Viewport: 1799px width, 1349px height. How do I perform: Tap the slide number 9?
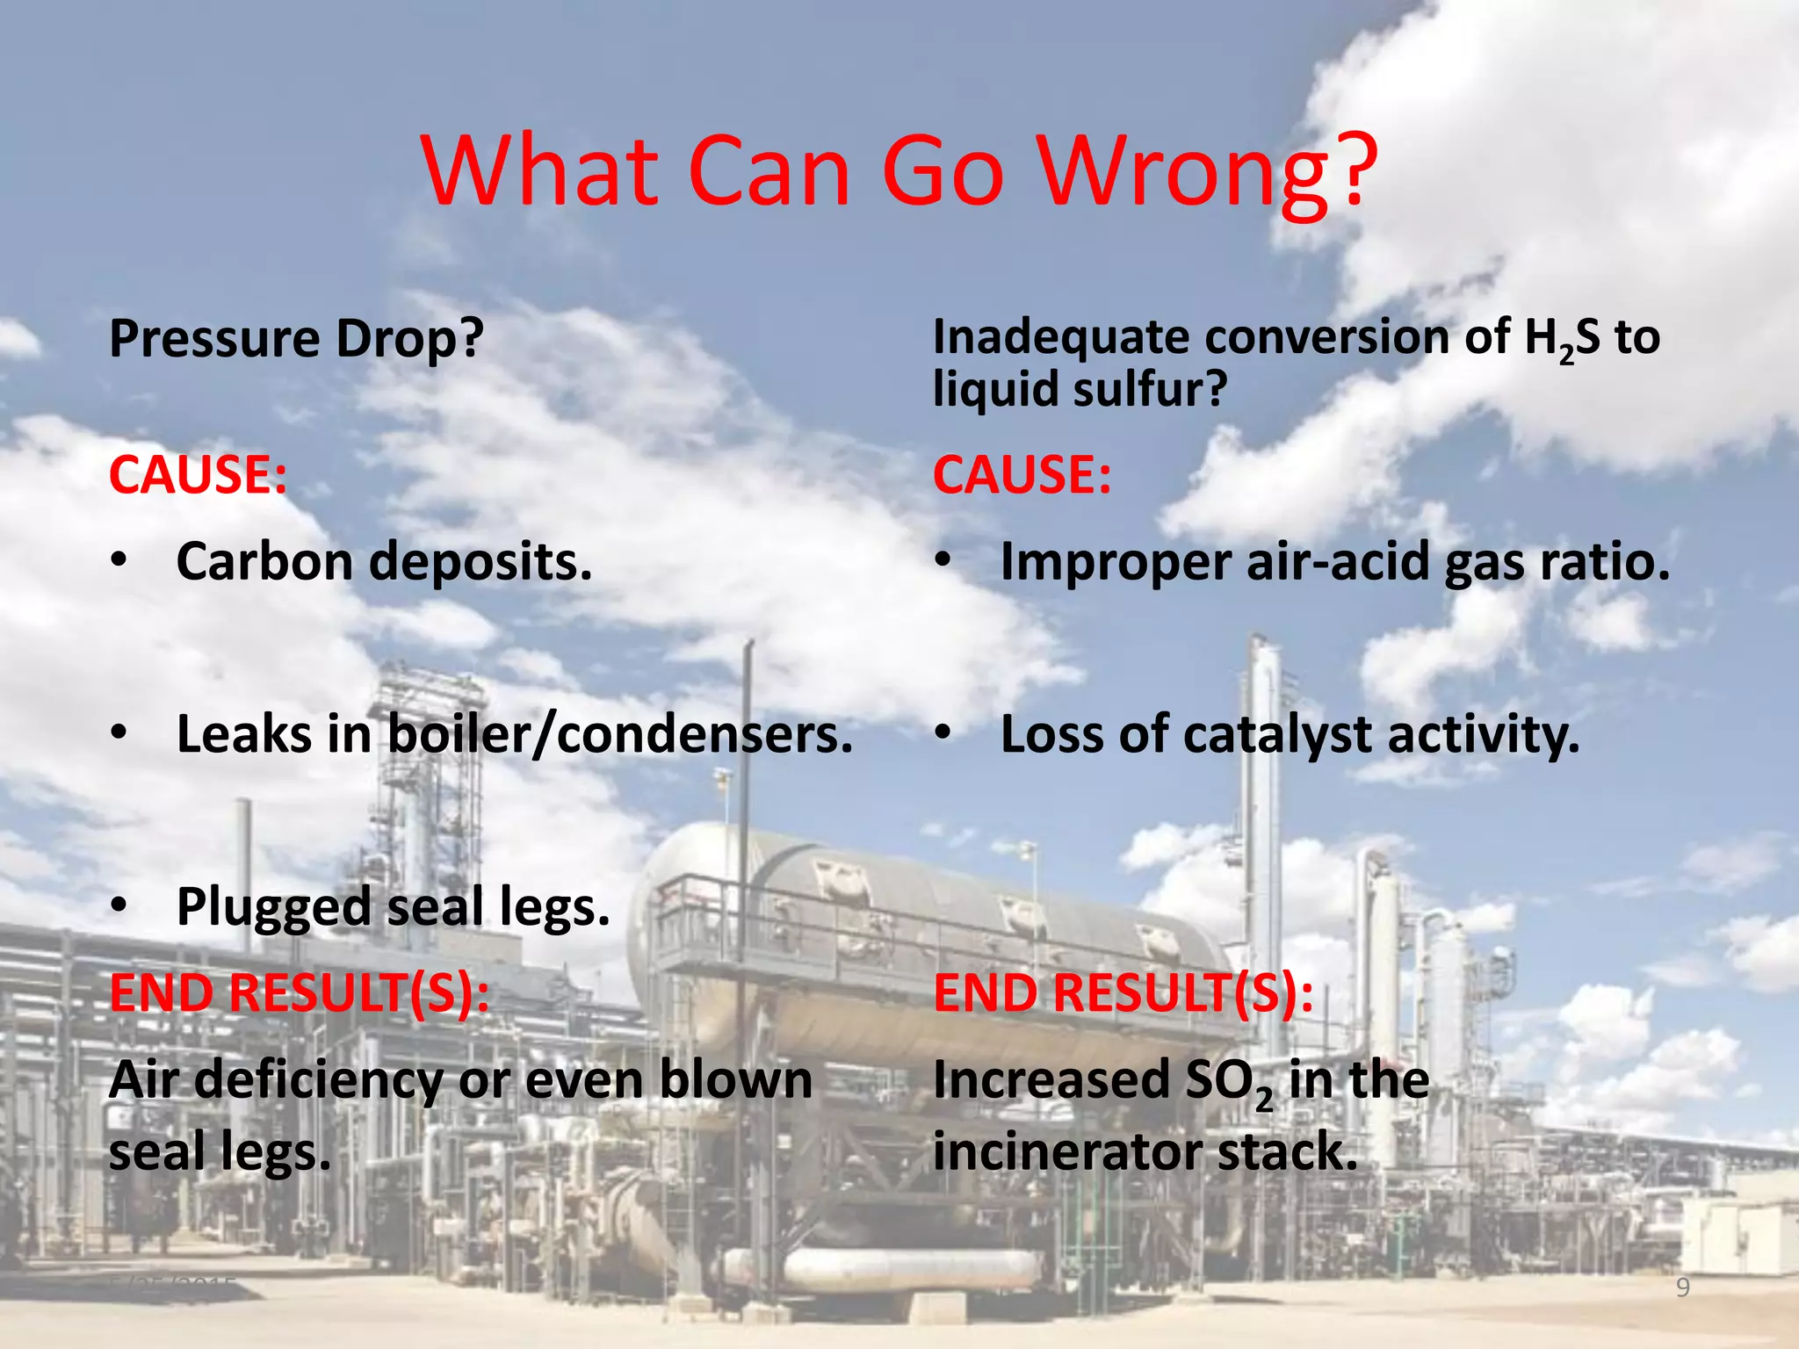coord(1683,1288)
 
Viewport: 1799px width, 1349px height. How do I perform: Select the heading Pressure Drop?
coord(296,339)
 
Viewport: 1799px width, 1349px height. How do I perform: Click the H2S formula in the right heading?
coord(1562,339)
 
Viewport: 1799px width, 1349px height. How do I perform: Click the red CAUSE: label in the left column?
coord(198,475)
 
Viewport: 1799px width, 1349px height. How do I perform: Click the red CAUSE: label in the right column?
coord(1022,475)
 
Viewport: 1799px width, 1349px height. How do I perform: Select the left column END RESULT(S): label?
coord(299,993)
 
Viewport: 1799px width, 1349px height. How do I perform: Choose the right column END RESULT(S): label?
coord(1123,993)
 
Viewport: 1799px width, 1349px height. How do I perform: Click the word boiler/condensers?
coord(620,734)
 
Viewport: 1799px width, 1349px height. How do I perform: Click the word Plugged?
coord(273,908)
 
